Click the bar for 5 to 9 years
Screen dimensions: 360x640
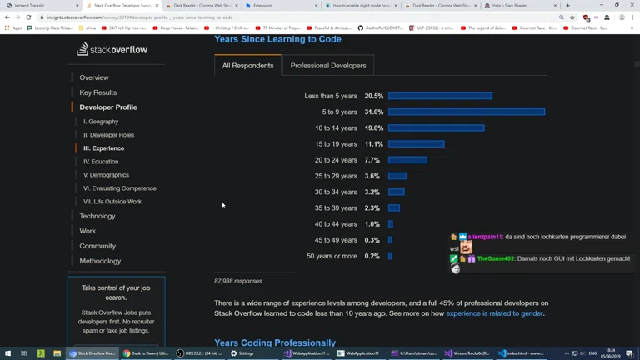point(466,112)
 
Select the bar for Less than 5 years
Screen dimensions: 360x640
point(440,96)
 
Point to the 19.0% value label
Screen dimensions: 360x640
point(373,128)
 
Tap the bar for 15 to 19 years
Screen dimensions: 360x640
point(416,144)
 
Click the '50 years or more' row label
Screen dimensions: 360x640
point(332,256)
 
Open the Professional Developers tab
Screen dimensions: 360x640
point(328,66)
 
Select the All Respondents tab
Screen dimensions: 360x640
point(247,66)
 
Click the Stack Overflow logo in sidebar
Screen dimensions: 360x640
point(112,50)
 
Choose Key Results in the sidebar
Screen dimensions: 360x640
point(98,92)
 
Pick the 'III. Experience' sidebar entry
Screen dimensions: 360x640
point(104,148)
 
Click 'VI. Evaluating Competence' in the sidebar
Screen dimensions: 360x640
point(120,188)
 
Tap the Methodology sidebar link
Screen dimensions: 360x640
point(100,261)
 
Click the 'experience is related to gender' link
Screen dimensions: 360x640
point(494,313)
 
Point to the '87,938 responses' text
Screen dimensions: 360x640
point(238,281)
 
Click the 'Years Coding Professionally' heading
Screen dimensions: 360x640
point(275,342)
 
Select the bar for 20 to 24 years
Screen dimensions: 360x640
point(407,160)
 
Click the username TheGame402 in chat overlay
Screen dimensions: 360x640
point(497,259)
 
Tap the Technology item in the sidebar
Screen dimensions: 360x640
point(97,216)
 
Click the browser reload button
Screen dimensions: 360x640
point(28,17)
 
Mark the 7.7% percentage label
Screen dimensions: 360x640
point(372,160)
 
